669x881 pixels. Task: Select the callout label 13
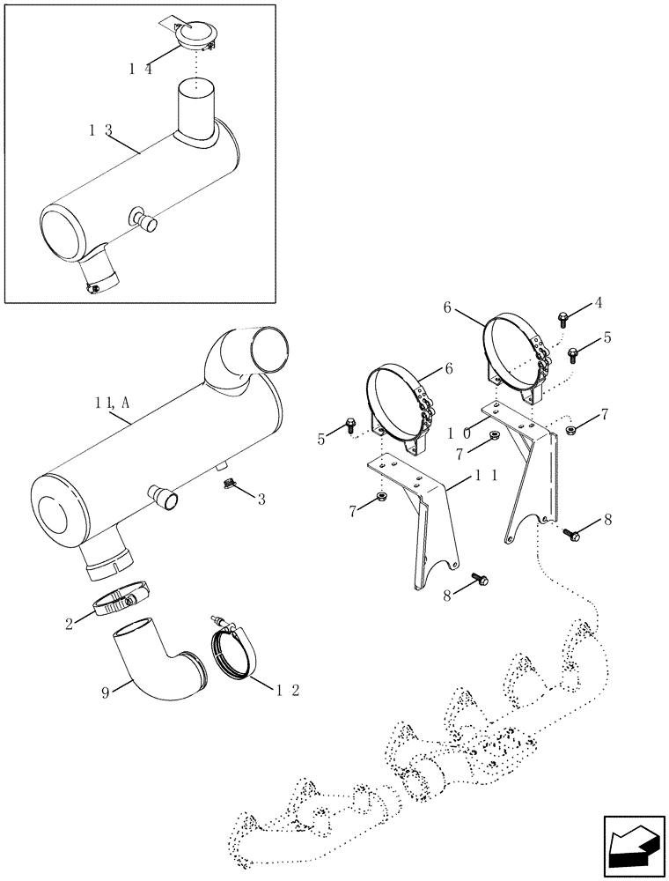[x=100, y=130]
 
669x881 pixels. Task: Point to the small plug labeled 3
[x=227, y=482]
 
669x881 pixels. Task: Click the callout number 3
[x=261, y=500]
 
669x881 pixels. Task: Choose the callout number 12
[x=284, y=690]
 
